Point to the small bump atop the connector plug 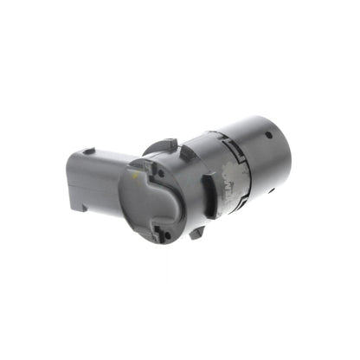tap(88, 152)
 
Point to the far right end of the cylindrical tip tap(288, 149)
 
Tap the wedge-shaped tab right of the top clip tap(185, 153)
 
